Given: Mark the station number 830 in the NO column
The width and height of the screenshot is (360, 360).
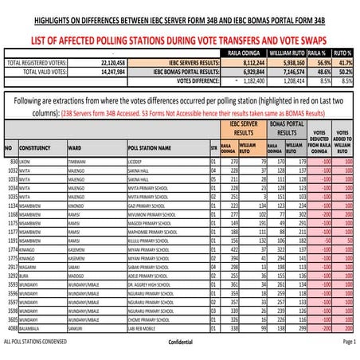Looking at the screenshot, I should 12,161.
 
